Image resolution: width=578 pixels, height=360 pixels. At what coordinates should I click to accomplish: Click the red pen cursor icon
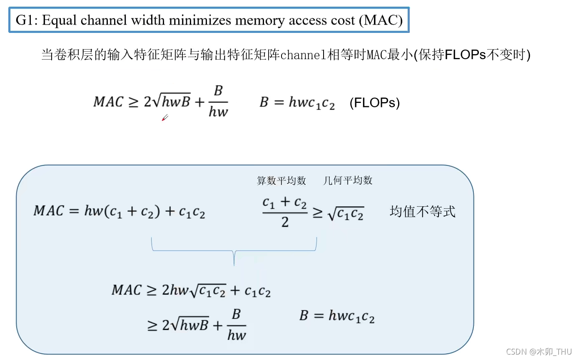point(165,118)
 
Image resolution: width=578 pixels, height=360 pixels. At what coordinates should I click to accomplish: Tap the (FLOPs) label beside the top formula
point(374,102)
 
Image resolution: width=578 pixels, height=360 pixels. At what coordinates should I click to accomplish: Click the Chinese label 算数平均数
point(282,180)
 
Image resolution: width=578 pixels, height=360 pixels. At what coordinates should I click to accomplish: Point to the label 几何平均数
point(348,180)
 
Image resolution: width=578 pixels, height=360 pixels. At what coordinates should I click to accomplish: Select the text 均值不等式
point(422,211)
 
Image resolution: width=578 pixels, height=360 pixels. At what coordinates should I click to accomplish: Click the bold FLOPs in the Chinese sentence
point(466,55)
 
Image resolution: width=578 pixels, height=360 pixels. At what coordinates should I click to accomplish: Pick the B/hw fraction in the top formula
point(218,102)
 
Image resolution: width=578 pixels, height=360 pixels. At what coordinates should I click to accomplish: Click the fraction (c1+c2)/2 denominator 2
point(285,222)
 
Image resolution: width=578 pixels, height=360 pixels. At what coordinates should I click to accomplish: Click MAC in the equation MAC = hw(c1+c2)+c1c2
point(49,211)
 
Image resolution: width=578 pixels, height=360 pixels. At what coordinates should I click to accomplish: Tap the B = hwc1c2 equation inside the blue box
point(337,316)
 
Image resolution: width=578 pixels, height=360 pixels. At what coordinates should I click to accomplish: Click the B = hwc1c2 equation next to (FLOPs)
point(297,102)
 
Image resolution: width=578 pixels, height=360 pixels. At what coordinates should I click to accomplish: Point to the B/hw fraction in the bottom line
point(237,325)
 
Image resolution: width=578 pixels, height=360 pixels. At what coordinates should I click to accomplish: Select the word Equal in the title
point(59,20)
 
